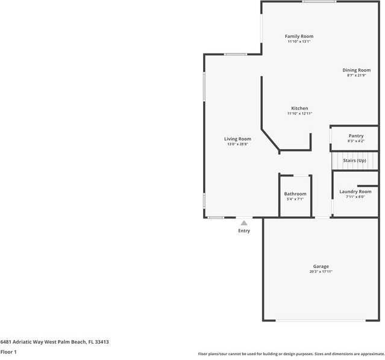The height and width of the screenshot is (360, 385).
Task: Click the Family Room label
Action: (x=299, y=36)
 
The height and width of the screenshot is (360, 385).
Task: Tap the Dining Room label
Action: (x=357, y=70)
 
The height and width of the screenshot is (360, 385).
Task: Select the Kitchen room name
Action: (x=299, y=108)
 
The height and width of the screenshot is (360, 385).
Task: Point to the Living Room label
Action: (x=237, y=138)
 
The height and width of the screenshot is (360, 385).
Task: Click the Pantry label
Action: (x=355, y=135)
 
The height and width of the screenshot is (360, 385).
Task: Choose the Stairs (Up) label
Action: (x=354, y=161)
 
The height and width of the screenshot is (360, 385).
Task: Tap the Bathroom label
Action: (x=295, y=193)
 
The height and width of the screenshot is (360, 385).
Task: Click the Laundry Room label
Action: (x=355, y=191)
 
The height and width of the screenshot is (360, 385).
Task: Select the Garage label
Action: (x=321, y=266)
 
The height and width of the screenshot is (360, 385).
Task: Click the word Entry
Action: (x=244, y=231)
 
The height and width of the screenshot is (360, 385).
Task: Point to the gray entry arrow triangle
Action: (x=244, y=223)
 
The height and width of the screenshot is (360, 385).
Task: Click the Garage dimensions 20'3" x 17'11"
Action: (x=321, y=272)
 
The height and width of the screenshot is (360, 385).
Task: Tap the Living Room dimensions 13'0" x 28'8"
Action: (x=237, y=144)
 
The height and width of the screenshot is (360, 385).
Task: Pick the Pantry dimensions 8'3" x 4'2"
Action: (x=355, y=141)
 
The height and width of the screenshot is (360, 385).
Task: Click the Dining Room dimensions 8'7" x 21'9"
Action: (x=357, y=75)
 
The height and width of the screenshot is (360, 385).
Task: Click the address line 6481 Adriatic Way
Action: (x=54, y=341)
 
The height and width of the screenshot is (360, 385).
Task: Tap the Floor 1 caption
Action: (x=8, y=352)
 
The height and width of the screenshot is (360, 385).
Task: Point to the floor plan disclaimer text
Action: (x=291, y=353)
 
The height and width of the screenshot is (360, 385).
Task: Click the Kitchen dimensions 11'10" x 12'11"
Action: (x=299, y=114)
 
